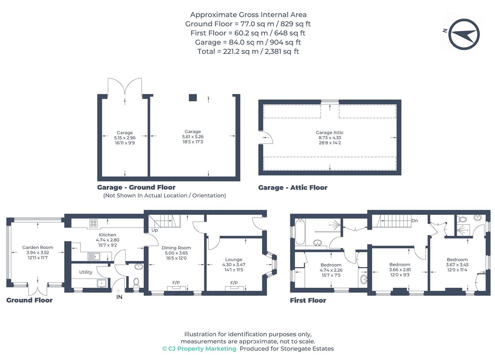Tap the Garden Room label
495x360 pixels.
tap(38, 247)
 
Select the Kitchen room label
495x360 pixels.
tap(108, 235)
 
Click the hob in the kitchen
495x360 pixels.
tap(93, 223)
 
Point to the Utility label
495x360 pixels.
tap(86, 272)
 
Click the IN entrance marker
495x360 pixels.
tap(119, 297)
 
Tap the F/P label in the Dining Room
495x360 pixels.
tap(176, 282)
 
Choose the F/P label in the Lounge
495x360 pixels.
tap(234, 283)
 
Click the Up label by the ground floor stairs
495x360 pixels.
tap(155, 230)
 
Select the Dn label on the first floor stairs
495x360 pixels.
tap(415, 220)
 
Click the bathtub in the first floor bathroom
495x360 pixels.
tap(300, 232)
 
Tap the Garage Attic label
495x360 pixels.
tap(329, 132)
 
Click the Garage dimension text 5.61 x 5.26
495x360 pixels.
tap(193, 136)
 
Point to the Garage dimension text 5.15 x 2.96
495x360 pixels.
tap(125, 138)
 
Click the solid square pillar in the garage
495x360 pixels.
tap(193, 98)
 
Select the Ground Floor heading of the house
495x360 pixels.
tap(29, 300)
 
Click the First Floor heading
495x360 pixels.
tap(308, 300)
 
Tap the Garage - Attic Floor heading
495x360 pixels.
tap(293, 188)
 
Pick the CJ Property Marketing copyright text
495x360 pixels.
tap(199, 348)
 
